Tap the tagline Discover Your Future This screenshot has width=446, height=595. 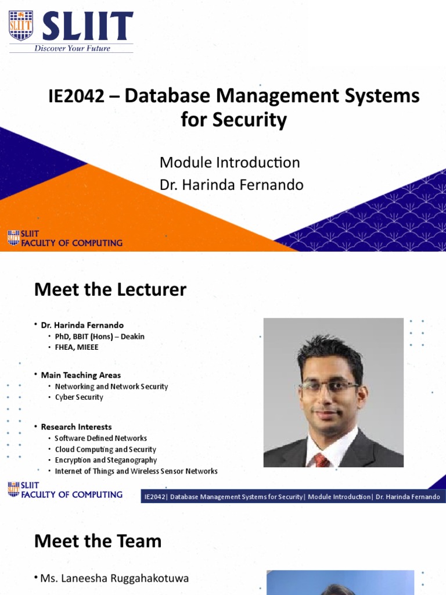[x=72, y=48]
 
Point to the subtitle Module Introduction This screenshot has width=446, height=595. [x=229, y=163]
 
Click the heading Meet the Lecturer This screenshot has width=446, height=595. [x=110, y=289]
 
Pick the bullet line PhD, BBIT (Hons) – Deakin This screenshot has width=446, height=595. [x=100, y=336]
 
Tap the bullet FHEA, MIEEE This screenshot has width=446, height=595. [x=77, y=347]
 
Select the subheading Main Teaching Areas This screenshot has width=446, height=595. [x=81, y=375]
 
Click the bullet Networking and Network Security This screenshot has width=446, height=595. [x=111, y=386]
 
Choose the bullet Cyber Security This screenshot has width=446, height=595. [x=79, y=397]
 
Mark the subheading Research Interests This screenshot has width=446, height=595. [x=76, y=427]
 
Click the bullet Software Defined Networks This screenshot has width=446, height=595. [x=101, y=438]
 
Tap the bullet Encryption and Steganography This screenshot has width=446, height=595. [x=106, y=460]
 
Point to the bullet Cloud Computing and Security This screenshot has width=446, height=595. [x=106, y=449]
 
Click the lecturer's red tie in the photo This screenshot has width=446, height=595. [x=322, y=460]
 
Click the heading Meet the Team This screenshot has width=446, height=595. [x=98, y=542]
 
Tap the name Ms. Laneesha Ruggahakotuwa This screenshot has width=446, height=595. [x=114, y=579]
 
